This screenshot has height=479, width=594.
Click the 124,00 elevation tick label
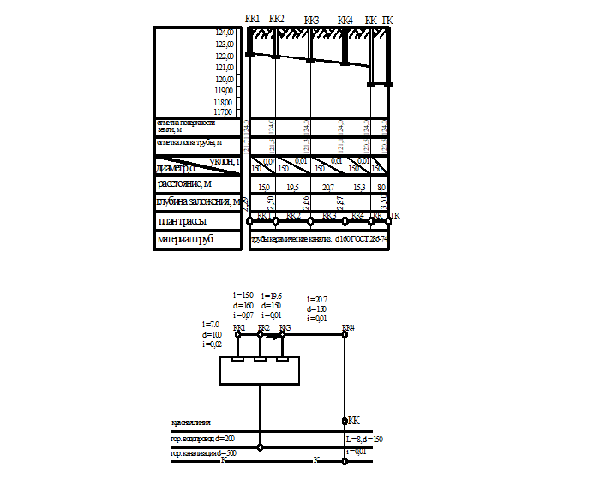225,32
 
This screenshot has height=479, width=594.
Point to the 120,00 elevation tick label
225,78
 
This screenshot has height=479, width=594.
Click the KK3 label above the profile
311,20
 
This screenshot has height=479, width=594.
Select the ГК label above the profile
388,20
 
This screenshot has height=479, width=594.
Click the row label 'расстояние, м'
184,183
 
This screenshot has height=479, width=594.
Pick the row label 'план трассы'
181,221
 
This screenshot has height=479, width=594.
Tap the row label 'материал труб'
184,240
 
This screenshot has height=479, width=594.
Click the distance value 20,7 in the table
327,186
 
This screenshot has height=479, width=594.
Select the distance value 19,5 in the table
291,186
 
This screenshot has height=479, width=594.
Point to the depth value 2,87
341,202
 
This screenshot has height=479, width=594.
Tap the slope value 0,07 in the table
268,160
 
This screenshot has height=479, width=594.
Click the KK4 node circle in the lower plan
345,335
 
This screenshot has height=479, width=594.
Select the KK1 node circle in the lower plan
237,335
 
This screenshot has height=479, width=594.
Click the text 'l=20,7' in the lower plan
316,299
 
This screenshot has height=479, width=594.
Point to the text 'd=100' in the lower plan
213,334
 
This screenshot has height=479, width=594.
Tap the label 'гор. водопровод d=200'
202,438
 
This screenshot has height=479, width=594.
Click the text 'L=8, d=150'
364,440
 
